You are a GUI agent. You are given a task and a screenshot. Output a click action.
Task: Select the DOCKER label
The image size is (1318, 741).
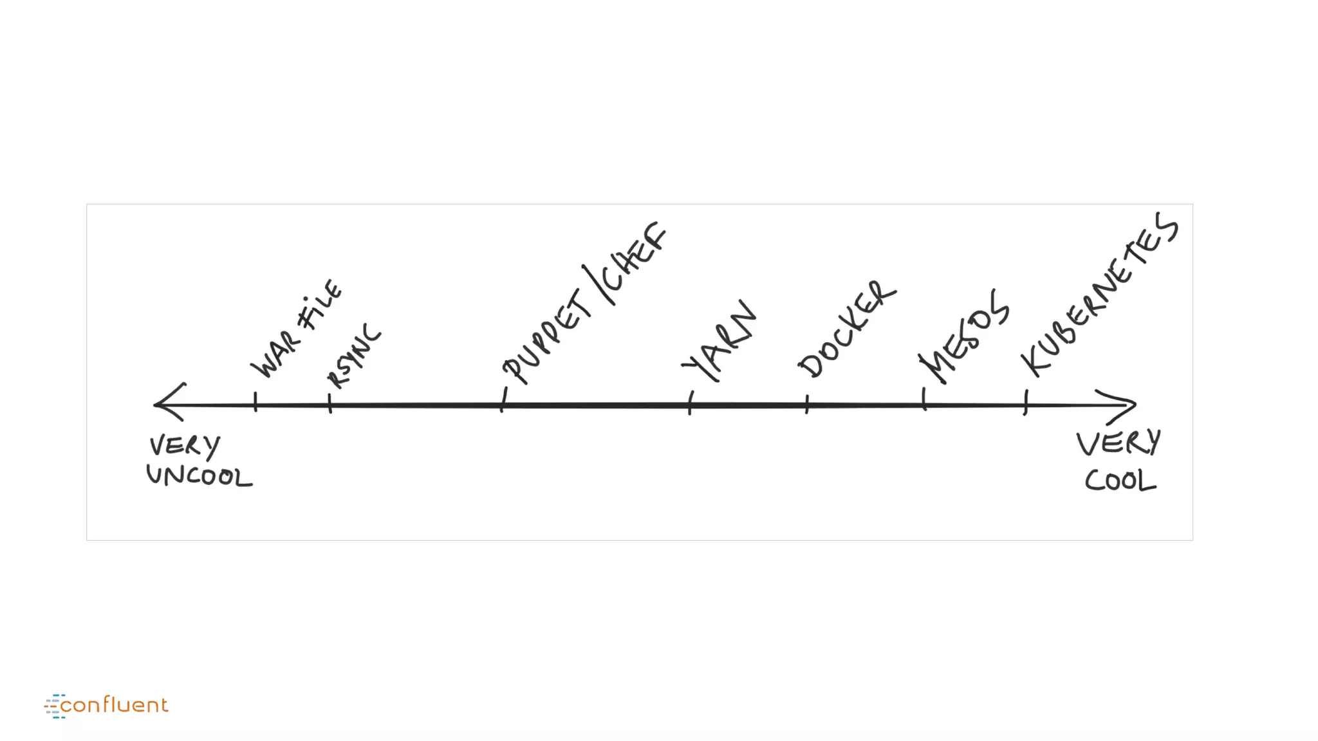[x=846, y=330]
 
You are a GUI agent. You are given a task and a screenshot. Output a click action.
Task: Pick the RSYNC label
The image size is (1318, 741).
[x=354, y=356]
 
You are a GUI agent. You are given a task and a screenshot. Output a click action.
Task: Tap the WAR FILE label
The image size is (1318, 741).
[x=297, y=329]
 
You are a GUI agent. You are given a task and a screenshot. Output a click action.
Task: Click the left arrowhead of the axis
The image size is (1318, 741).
[x=169, y=403]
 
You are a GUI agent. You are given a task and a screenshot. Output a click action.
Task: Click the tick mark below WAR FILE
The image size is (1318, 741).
[x=255, y=402]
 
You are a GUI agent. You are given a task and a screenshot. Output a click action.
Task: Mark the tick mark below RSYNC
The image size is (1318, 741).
[x=329, y=403]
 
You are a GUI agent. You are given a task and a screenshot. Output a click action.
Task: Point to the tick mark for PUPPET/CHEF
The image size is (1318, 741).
[x=503, y=401]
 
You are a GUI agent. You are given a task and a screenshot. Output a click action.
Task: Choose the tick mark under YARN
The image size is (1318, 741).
[x=690, y=403]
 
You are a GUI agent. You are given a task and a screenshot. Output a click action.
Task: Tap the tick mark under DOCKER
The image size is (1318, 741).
[x=807, y=404]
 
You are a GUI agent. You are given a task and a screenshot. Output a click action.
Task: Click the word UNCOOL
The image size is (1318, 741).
[x=199, y=477]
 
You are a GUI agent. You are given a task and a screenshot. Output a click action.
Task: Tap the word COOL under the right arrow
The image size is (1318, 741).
[x=1120, y=480]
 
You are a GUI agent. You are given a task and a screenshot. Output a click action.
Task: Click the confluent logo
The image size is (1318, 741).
[x=106, y=706]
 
